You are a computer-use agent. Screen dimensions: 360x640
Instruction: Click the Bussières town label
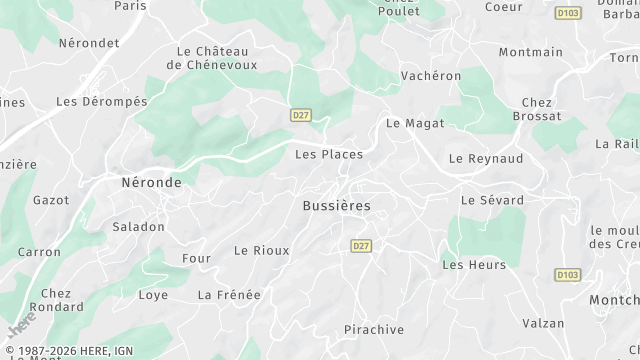click(x=336, y=205)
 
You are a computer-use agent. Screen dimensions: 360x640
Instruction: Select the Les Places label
click(x=329, y=154)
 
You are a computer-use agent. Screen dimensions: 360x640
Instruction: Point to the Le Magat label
click(x=415, y=123)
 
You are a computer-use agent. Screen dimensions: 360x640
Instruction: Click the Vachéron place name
click(x=430, y=76)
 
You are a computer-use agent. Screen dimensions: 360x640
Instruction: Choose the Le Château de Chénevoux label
click(x=211, y=58)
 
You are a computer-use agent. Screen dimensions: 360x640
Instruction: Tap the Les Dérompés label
click(x=101, y=101)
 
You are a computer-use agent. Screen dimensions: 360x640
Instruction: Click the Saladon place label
click(x=138, y=227)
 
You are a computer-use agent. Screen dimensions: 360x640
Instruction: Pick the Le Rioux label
click(x=261, y=250)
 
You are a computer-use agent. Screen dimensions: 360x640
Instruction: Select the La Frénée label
click(x=229, y=294)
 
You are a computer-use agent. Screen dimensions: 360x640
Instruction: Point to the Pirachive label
click(x=373, y=329)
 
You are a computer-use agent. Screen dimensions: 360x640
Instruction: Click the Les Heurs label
click(x=474, y=265)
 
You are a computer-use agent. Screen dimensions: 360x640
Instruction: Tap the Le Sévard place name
click(x=492, y=200)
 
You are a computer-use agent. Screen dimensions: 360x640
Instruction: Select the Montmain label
click(x=530, y=52)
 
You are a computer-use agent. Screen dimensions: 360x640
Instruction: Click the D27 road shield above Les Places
click(x=301, y=115)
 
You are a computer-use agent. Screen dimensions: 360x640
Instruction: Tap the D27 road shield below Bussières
click(x=362, y=245)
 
